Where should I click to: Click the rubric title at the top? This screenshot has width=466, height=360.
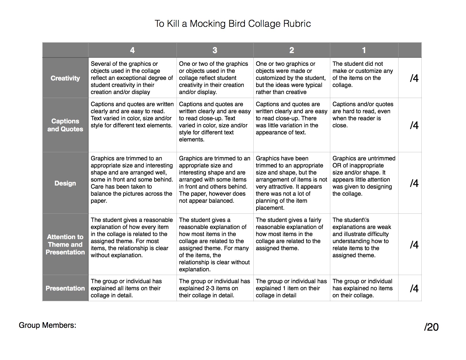[233, 24]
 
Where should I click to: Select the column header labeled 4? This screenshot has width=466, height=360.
[132, 50]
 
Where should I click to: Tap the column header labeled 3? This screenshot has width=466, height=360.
[215, 50]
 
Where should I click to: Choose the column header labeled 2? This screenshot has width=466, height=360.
[292, 50]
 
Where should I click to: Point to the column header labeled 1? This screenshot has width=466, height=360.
[364, 50]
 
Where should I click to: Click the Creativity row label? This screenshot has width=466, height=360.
[65, 78]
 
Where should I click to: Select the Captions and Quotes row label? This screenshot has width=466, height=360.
[65, 125]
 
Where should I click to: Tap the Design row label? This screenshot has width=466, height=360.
[65, 183]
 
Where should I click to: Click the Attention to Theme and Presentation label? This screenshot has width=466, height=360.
[65, 245]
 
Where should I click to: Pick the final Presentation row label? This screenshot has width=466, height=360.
[65, 288]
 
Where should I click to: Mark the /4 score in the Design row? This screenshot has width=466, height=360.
[414, 183]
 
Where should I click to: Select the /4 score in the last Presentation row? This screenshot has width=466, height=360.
[414, 288]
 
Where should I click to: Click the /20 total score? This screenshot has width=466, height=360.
[431, 327]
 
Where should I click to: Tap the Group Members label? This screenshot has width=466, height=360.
[47, 325]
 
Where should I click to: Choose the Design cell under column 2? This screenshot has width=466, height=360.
[291, 183]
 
